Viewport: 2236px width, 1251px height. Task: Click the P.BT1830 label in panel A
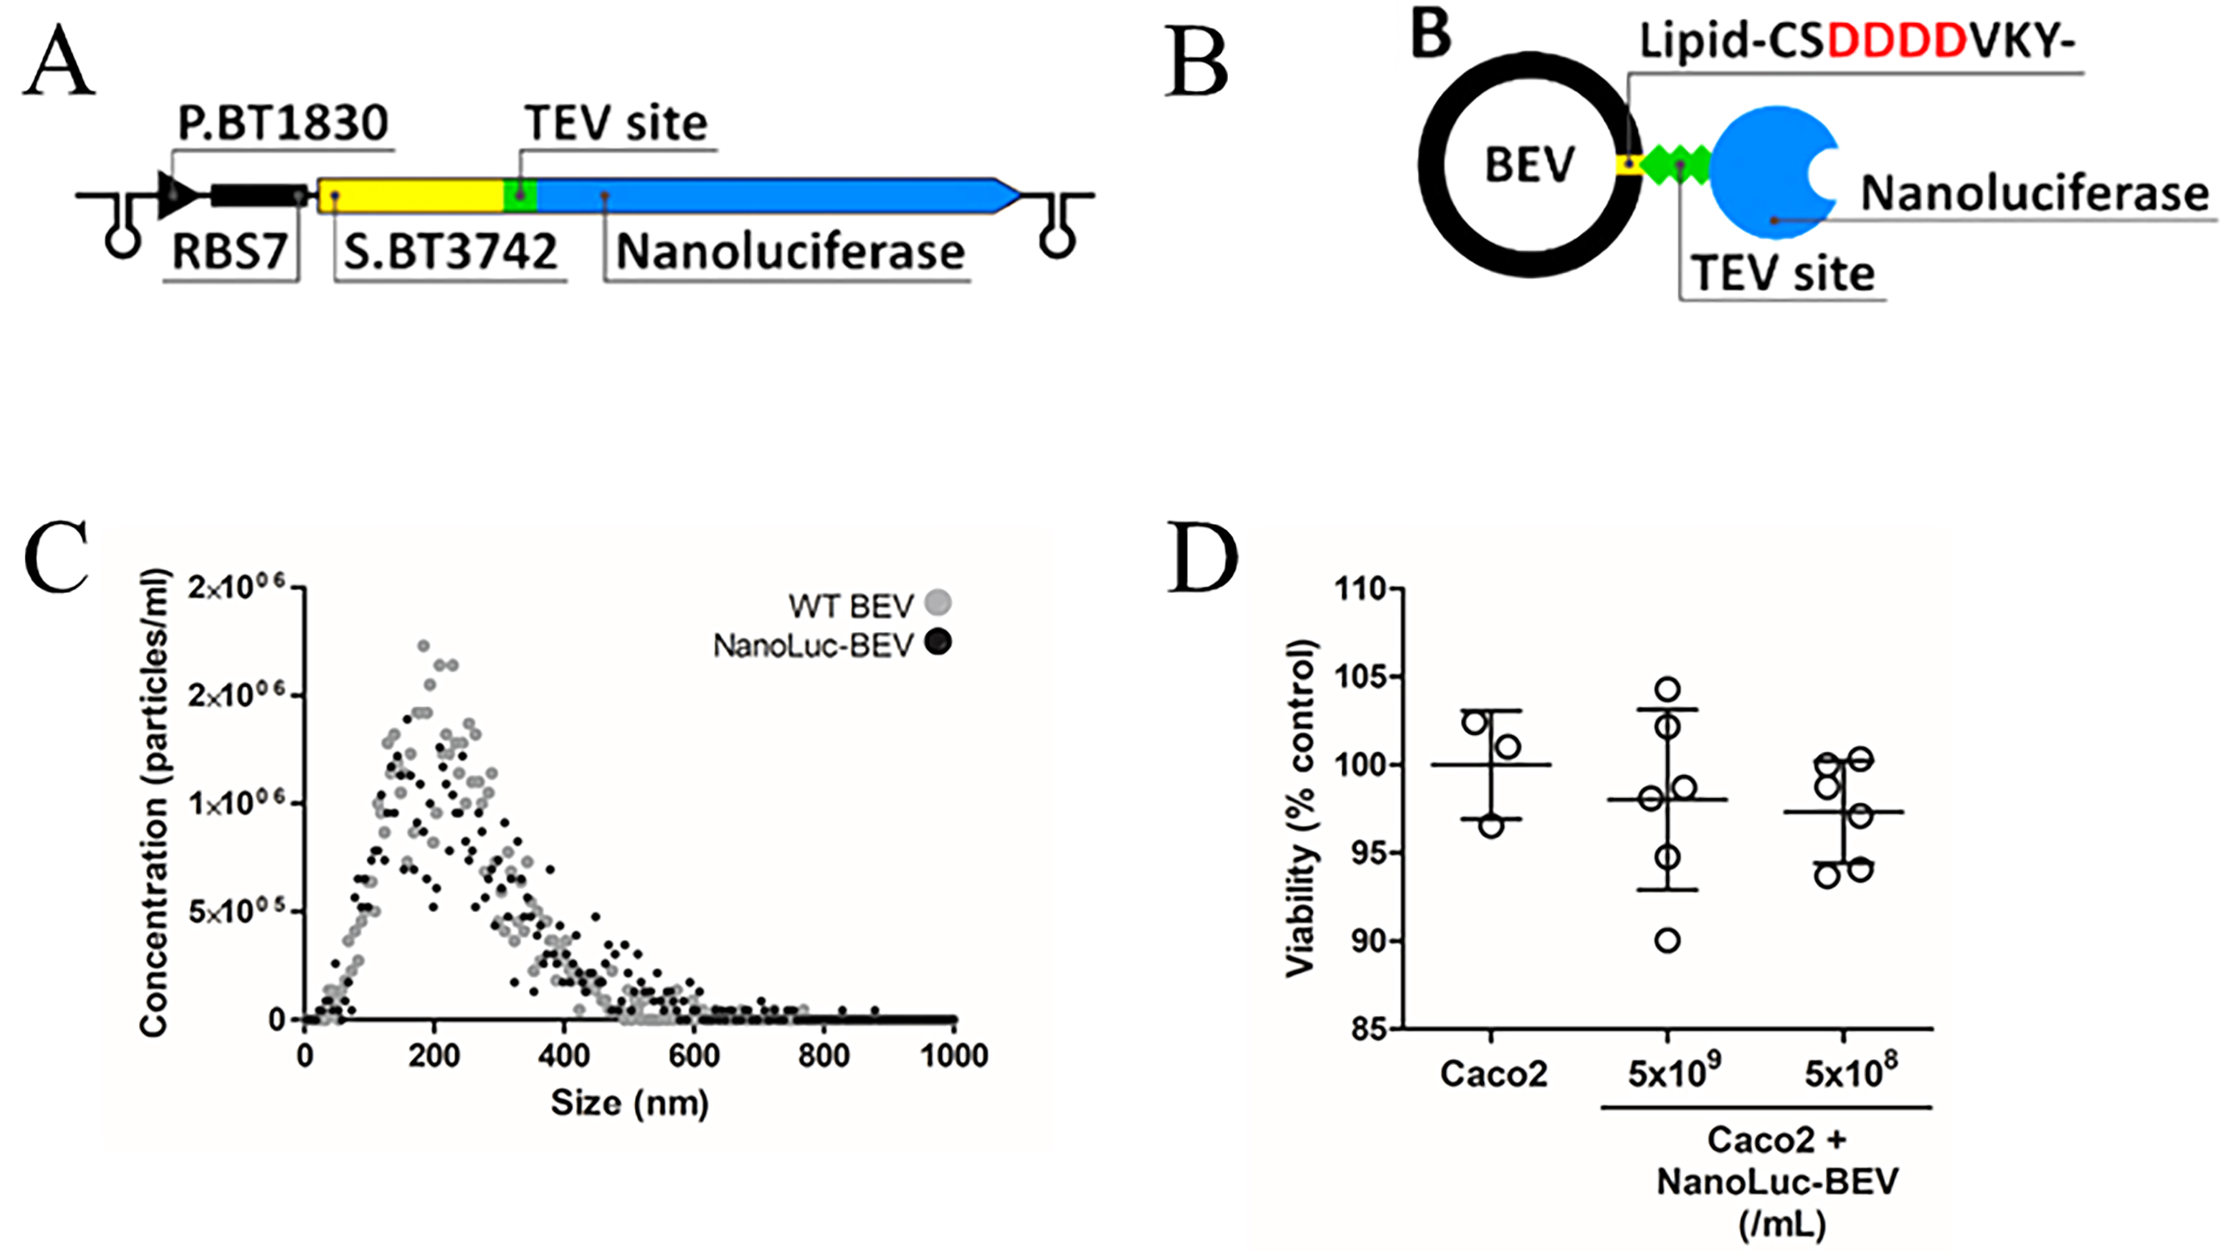(283, 123)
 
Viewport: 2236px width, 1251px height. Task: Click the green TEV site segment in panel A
(520, 195)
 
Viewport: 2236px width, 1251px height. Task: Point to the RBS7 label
(229, 252)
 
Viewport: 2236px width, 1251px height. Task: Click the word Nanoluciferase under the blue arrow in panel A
(790, 252)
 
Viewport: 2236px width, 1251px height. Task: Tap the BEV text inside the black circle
(1529, 164)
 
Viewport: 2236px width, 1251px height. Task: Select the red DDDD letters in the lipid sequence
(1896, 42)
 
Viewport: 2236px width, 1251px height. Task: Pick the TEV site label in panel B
(1783, 273)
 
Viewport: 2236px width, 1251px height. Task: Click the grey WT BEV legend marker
(938, 602)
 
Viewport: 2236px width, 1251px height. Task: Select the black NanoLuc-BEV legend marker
(938, 643)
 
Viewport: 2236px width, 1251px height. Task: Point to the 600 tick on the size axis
(694, 1056)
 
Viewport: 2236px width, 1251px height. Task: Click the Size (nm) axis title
(629, 1103)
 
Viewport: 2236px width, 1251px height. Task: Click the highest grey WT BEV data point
(423, 646)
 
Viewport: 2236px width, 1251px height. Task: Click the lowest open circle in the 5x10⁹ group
(1667, 940)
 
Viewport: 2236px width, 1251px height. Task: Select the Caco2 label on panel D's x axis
(1493, 1074)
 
